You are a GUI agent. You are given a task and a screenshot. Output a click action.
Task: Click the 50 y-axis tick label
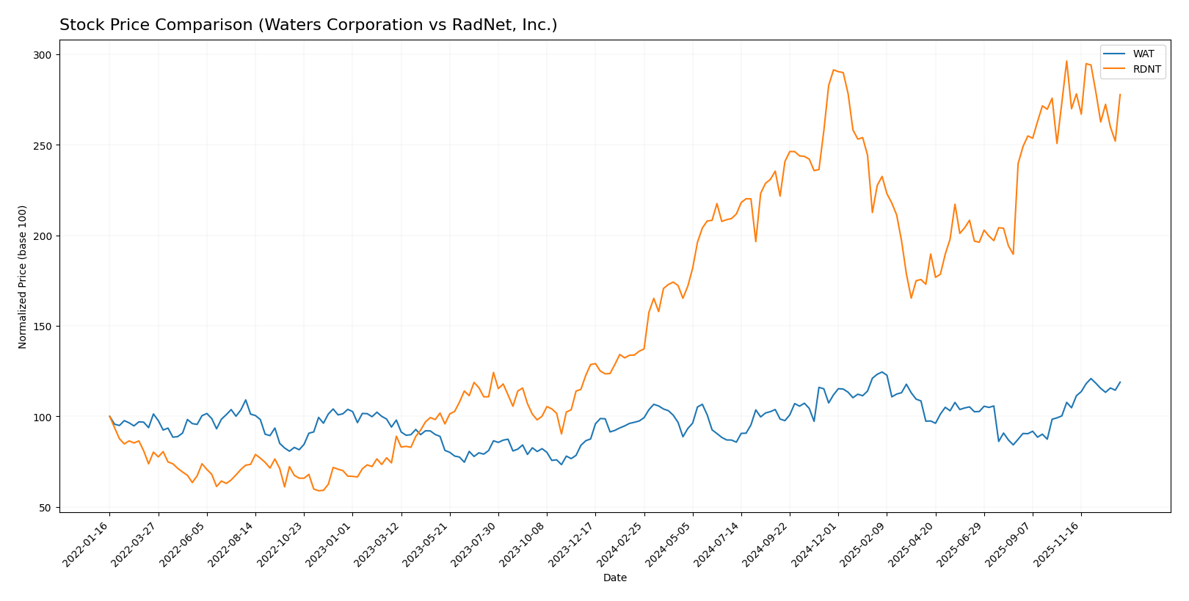tap(46, 508)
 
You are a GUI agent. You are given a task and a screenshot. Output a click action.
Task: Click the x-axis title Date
tap(614, 578)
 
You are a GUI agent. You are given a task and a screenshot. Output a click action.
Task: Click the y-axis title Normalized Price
tap(23, 277)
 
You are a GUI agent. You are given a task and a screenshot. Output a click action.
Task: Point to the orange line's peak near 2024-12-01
tap(833, 70)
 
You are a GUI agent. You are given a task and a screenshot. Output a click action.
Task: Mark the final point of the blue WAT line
tap(1120, 382)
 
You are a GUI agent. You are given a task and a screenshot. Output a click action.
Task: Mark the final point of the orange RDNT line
tap(1120, 94)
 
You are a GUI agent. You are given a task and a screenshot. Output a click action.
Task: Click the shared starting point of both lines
tap(110, 416)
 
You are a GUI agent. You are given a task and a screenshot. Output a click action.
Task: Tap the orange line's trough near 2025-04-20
tap(911, 298)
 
